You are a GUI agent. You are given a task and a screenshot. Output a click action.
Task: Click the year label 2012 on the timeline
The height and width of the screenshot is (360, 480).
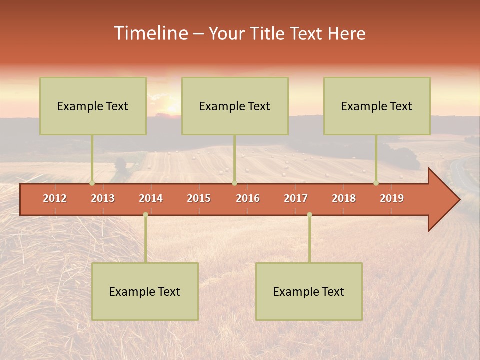click(x=55, y=198)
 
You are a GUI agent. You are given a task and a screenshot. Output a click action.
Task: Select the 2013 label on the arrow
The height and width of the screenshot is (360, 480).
click(x=103, y=198)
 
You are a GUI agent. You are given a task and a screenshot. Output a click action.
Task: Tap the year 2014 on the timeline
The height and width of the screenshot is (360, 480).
click(x=151, y=198)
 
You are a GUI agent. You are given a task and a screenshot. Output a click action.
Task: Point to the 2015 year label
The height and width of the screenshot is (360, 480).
click(x=199, y=198)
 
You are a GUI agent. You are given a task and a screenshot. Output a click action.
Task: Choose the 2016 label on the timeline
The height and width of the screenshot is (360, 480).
click(x=248, y=198)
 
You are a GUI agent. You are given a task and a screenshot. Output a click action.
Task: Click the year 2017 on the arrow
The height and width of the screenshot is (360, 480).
click(x=296, y=198)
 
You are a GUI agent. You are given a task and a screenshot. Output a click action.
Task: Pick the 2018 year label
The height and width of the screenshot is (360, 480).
click(x=344, y=198)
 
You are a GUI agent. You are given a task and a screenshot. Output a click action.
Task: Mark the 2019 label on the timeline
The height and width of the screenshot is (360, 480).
click(x=392, y=198)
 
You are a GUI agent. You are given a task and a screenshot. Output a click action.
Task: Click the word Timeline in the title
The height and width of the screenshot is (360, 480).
click(x=150, y=33)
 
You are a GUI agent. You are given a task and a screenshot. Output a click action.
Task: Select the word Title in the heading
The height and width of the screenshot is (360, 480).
click(x=269, y=34)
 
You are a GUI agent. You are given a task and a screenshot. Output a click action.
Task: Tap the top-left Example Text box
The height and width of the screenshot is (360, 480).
click(x=93, y=106)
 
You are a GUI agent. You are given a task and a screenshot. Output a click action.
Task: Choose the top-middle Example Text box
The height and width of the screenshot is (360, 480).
click(x=235, y=106)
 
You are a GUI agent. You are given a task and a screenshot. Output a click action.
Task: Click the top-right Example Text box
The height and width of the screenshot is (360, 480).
click(x=377, y=106)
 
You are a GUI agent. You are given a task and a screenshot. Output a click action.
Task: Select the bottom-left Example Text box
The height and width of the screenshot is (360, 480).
click(x=145, y=291)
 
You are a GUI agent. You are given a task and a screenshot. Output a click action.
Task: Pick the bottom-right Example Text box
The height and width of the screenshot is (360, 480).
click(x=309, y=291)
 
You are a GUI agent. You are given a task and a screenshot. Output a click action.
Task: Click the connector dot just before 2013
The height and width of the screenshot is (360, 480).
click(x=92, y=183)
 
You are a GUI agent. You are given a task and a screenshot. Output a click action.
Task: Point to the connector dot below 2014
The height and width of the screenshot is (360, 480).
click(x=145, y=214)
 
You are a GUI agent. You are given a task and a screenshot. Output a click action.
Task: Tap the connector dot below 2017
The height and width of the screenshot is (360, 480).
click(x=309, y=214)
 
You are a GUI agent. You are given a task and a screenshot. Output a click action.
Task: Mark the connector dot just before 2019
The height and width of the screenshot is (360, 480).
click(x=376, y=183)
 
